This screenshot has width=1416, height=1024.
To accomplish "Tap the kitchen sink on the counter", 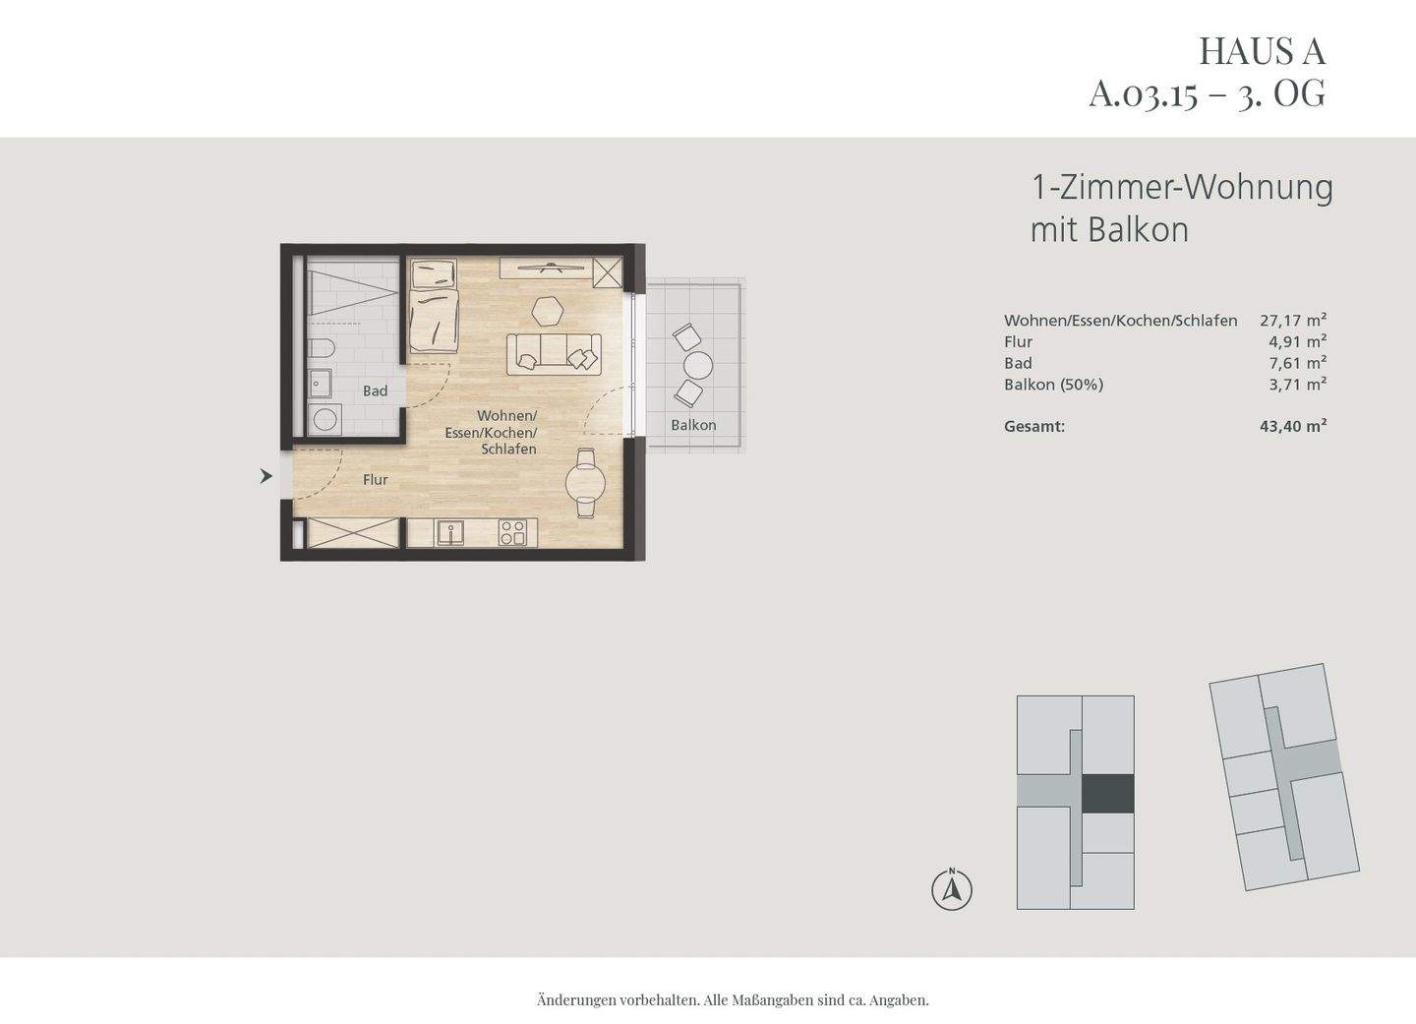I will (452, 533).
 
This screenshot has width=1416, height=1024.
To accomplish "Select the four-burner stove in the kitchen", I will (512, 533).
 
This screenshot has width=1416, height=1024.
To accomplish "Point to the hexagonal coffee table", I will (547, 310).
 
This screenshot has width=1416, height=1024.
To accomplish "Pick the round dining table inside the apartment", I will (585, 482).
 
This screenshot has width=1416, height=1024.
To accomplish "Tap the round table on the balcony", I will (698, 366).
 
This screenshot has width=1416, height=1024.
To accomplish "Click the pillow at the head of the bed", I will (433, 272).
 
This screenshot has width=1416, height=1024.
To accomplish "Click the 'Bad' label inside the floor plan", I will (375, 392).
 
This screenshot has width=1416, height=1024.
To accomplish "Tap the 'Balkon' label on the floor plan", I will (693, 425).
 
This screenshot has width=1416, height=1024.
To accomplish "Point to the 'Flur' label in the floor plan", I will (375, 480).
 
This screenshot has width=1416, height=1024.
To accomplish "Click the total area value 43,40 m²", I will (1293, 426).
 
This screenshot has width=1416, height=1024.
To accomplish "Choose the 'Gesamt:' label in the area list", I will (1034, 426).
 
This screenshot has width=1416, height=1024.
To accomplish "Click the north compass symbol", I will (952, 890).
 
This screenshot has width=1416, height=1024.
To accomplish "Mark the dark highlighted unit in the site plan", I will (1108, 794).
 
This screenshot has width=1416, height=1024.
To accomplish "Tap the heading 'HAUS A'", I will (1262, 50).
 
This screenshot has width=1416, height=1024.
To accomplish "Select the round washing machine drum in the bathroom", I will (324, 420).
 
